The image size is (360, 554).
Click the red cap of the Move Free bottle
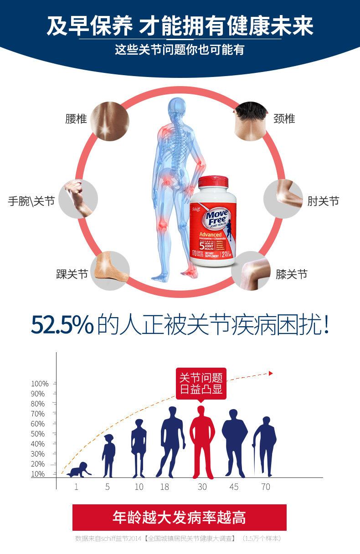click(x=213, y=181)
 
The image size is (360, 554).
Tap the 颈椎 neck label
click(x=284, y=119)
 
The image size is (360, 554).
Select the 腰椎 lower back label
click(x=76, y=119)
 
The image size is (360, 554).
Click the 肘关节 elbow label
click(x=323, y=201)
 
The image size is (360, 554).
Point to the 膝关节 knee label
click(x=292, y=274)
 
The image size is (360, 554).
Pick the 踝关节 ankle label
click(x=72, y=274)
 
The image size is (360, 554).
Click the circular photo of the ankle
click(x=109, y=271)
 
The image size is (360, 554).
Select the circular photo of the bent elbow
click(x=283, y=199)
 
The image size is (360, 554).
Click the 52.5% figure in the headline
click(x=62, y=324)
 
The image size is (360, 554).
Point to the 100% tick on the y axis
click(x=40, y=384)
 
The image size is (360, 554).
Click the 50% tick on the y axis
click(x=38, y=434)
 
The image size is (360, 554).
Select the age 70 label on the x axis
click(x=266, y=487)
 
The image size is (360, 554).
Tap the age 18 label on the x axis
click(x=165, y=487)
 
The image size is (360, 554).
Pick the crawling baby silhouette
click(x=79, y=470)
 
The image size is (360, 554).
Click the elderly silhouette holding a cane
click(x=265, y=446)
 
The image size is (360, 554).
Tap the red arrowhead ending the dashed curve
click(x=271, y=374)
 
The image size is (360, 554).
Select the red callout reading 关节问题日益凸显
click(x=201, y=384)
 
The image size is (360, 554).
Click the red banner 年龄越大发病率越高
click(x=180, y=517)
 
